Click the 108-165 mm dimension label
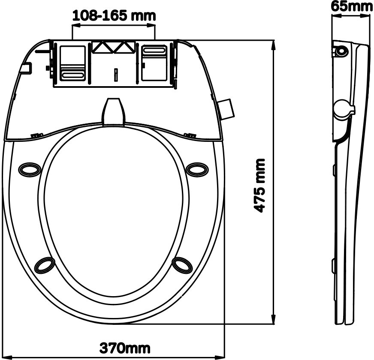[114, 15]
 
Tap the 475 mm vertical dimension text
[259, 185]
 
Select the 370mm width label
[125, 348]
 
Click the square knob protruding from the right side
[226, 109]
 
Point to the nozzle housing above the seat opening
[114, 111]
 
